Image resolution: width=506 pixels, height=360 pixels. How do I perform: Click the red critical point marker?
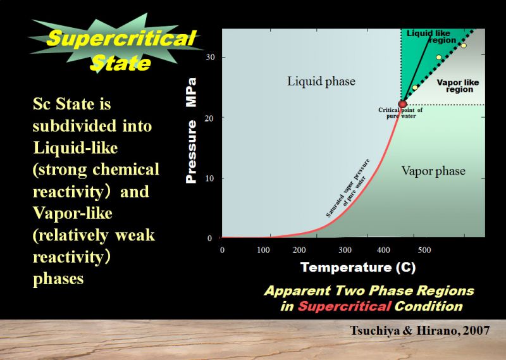(x=402, y=104)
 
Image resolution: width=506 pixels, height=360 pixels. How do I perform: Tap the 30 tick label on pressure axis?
(x=210, y=57)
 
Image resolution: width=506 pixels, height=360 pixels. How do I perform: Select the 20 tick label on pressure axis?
(x=209, y=118)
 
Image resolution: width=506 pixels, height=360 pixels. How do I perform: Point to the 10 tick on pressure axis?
(x=209, y=178)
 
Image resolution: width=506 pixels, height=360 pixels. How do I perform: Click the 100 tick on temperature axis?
(x=263, y=250)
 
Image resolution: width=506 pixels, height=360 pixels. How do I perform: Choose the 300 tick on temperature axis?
(x=345, y=250)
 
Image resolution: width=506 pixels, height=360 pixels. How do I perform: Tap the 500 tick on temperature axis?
(x=424, y=250)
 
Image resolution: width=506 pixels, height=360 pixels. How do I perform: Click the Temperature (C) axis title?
(x=358, y=268)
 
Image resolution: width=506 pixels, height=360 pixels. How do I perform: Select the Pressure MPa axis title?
(x=191, y=130)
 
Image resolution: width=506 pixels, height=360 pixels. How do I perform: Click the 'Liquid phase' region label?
(x=321, y=81)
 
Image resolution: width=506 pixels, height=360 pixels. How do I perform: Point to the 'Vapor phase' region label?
(x=433, y=171)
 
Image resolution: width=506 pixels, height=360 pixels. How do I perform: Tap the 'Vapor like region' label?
(x=458, y=86)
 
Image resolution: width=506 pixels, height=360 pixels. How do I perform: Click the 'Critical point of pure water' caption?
(x=400, y=113)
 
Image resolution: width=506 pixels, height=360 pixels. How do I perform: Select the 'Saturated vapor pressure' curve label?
(x=347, y=187)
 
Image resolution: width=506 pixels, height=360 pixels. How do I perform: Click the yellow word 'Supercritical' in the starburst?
(x=121, y=38)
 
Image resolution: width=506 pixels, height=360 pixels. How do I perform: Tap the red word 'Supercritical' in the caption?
(x=345, y=306)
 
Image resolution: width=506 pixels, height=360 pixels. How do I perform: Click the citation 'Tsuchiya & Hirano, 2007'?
(x=420, y=330)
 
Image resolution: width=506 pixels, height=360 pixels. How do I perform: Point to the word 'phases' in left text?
(x=58, y=279)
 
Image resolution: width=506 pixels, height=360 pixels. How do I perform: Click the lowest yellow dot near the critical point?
(x=415, y=87)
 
